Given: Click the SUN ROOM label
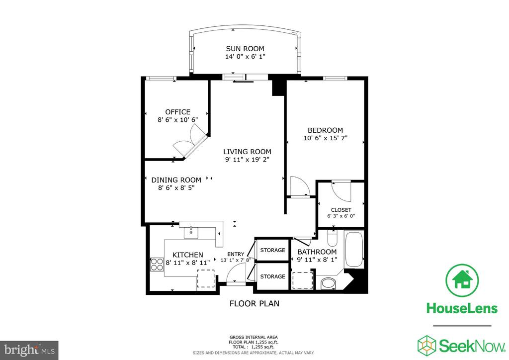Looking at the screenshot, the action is coord(245,49).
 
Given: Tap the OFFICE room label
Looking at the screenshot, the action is coord(177,112).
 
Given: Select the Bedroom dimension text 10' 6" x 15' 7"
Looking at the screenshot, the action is coord(325,138).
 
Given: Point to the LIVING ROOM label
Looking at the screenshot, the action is coord(247,152).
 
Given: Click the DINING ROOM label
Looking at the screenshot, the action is coord(176,180).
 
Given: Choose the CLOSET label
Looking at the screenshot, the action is coord(341,210).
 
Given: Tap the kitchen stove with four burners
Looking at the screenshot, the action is coord(157,264).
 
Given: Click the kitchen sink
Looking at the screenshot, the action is coord(191,232).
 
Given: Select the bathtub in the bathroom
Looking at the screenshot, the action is coord(354,250).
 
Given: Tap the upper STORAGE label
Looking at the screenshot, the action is coord(273,250).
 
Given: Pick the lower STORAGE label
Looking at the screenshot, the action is coord(273,276).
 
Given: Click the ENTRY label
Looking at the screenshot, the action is coord(236,255).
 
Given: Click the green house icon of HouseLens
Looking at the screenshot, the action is coord(462,280).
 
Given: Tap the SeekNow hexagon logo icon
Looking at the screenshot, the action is coord(426,346).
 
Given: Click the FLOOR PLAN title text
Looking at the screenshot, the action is coord(254,303).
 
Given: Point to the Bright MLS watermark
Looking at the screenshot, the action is coord(29,350).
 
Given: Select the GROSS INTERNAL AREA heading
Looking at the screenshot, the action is coord(254,337).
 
